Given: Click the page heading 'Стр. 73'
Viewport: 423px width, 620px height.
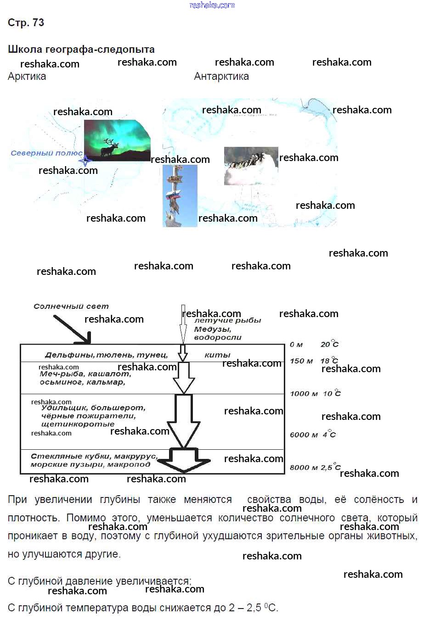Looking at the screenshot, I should click(x=26, y=23).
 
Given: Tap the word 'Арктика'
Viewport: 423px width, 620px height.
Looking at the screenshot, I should click(x=27, y=77).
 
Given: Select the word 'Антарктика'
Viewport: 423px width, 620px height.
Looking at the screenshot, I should click(x=221, y=77).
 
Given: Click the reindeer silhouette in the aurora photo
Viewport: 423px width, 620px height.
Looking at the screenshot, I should click(x=109, y=147).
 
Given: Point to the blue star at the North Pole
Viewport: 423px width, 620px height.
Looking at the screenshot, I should click(x=85, y=160).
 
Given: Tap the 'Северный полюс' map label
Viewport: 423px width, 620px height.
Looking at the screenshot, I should click(x=46, y=153).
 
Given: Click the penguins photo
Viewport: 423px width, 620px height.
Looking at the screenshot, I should click(x=251, y=166).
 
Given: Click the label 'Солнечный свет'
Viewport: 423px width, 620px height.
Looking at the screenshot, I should click(x=71, y=306).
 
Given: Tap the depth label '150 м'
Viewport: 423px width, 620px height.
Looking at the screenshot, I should click(x=301, y=361).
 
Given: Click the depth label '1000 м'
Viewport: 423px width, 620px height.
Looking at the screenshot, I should click(x=304, y=394).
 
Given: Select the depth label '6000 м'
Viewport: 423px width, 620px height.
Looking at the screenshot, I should click(x=304, y=435).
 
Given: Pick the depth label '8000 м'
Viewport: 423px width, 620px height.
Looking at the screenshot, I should click(x=304, y=468).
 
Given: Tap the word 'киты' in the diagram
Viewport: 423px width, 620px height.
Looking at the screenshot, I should click(x=217, y=355).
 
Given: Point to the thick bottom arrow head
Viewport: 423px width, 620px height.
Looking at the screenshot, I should click(x=183, y=463).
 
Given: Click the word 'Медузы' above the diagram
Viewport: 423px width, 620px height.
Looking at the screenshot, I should click(x=212, y=329).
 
